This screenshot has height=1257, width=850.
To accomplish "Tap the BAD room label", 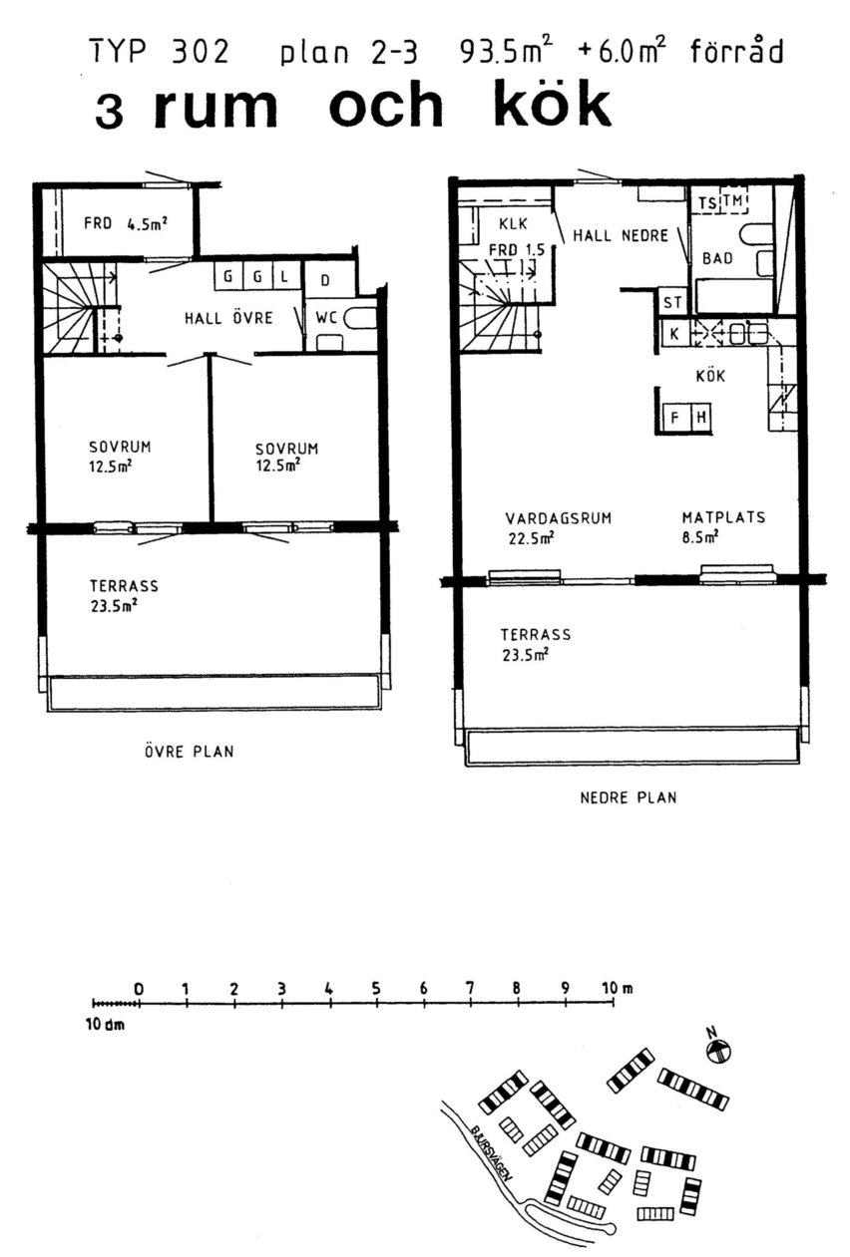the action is coord(717,258).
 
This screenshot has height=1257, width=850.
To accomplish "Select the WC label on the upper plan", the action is coord(326,318).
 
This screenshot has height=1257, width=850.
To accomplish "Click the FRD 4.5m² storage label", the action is coord(126,224).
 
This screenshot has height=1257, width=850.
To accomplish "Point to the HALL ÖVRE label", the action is coord(228,318).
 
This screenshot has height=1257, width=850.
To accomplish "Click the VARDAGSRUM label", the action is coord(559,517).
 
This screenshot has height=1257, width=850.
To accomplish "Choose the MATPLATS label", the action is coord(723,516).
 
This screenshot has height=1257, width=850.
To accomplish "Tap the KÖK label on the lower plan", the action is coord(710,376).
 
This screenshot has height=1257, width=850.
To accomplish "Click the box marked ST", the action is coord(672,302).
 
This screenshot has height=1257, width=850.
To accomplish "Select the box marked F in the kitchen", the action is coord(675,417).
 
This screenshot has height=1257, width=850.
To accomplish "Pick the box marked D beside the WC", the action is coord(325,279).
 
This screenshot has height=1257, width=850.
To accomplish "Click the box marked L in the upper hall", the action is coord(284,276).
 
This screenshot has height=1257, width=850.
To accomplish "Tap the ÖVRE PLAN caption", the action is coord(189,751).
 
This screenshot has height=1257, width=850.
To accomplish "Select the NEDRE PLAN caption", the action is coord(629,796).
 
